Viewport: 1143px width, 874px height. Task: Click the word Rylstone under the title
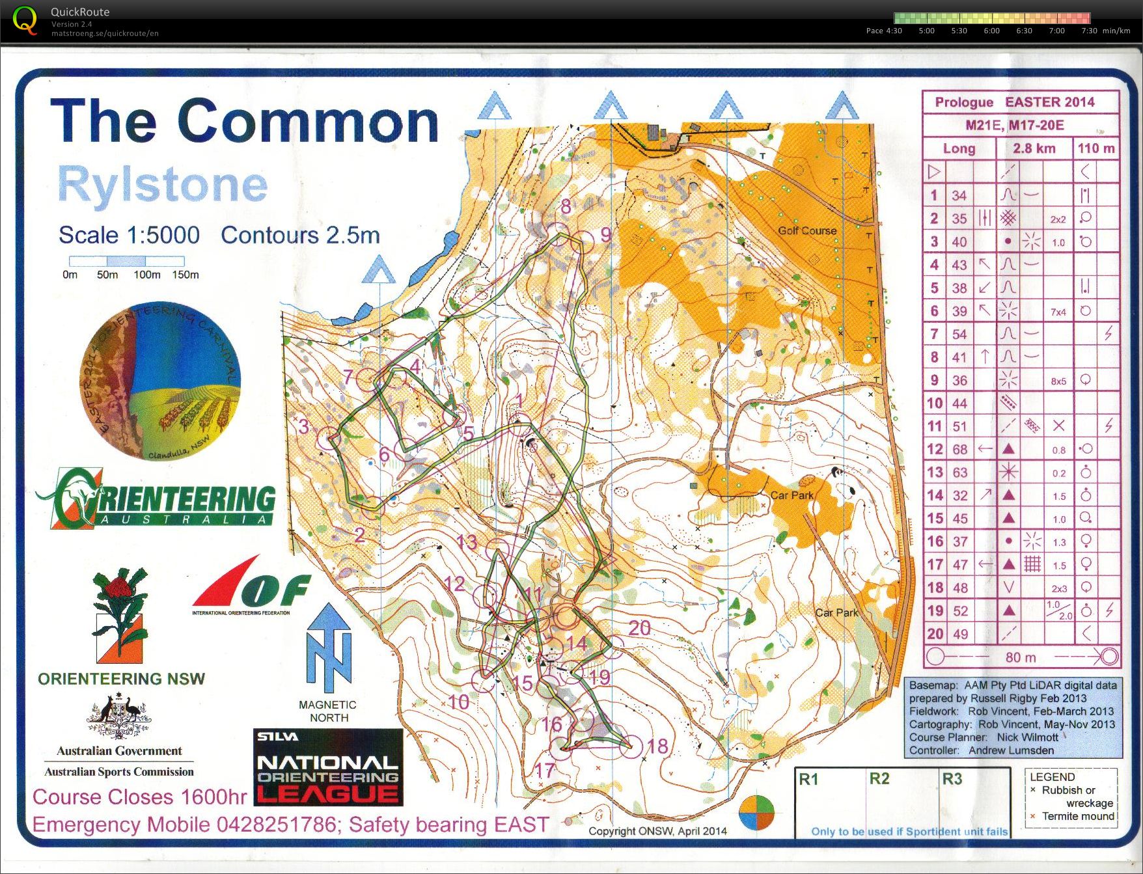(163, 185)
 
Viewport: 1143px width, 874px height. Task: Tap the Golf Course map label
(806, 230)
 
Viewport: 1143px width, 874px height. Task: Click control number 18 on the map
(657, 746)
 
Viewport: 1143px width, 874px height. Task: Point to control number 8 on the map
(566, 206)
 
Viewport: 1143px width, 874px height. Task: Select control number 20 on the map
(639, 627)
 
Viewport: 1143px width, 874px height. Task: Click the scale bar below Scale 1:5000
(127, 261)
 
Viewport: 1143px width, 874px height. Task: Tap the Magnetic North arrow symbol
(329, 648)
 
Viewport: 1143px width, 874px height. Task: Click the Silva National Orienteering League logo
(328, 767)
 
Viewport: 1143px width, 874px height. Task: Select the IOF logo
(251, 586)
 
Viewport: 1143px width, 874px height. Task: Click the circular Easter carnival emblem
(160, 381)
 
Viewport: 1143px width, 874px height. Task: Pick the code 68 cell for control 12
(959, 449)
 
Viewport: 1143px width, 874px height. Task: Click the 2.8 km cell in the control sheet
(1034, 148)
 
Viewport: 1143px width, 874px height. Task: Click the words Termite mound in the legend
(1078, 816)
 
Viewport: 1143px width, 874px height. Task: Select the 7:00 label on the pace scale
(1056, 31)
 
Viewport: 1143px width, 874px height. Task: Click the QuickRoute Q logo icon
(25, 20)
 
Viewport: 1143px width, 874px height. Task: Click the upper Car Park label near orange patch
(792, 495)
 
